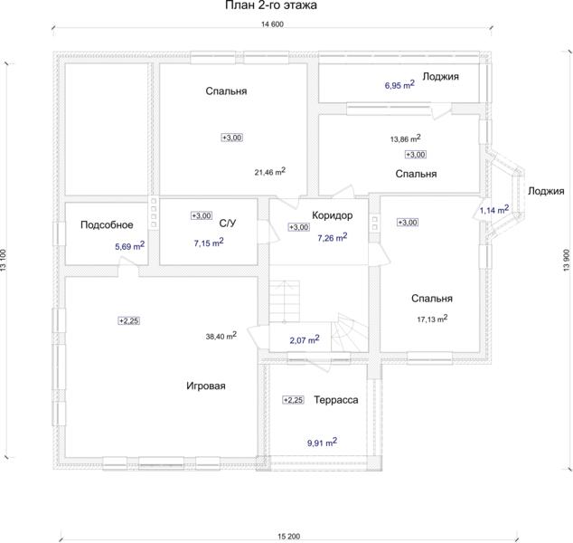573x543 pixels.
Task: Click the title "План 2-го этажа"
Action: pos(271,5)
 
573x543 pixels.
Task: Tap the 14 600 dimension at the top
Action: pos(272,24)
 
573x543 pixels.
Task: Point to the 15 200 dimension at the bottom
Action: pos(288,537)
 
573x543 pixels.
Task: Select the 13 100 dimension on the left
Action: pos(4,260)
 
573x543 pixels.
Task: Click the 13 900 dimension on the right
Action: pos(567,260)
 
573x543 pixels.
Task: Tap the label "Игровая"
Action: pos(206,386)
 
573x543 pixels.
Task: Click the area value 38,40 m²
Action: pos(221,336)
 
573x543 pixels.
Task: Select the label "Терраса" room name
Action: pos(336,400)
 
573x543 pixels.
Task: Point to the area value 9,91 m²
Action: pos(322,443)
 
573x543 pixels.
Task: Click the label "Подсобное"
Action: pos(107,224)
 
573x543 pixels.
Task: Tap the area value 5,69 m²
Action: pos(130,245)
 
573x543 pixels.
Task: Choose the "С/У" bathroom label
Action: pos(227,223)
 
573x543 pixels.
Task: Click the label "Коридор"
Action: pos(333,215)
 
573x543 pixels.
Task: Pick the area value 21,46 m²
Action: pos(270,171)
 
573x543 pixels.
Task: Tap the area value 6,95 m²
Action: pos(399,85)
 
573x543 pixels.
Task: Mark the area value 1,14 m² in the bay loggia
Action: pos(494,210)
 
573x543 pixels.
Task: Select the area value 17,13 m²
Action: pos(432,319)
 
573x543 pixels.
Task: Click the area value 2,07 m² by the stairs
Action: pos(305,339)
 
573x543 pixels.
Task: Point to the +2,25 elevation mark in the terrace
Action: pos(294,400)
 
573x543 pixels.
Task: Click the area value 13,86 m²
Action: pos(405,138)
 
